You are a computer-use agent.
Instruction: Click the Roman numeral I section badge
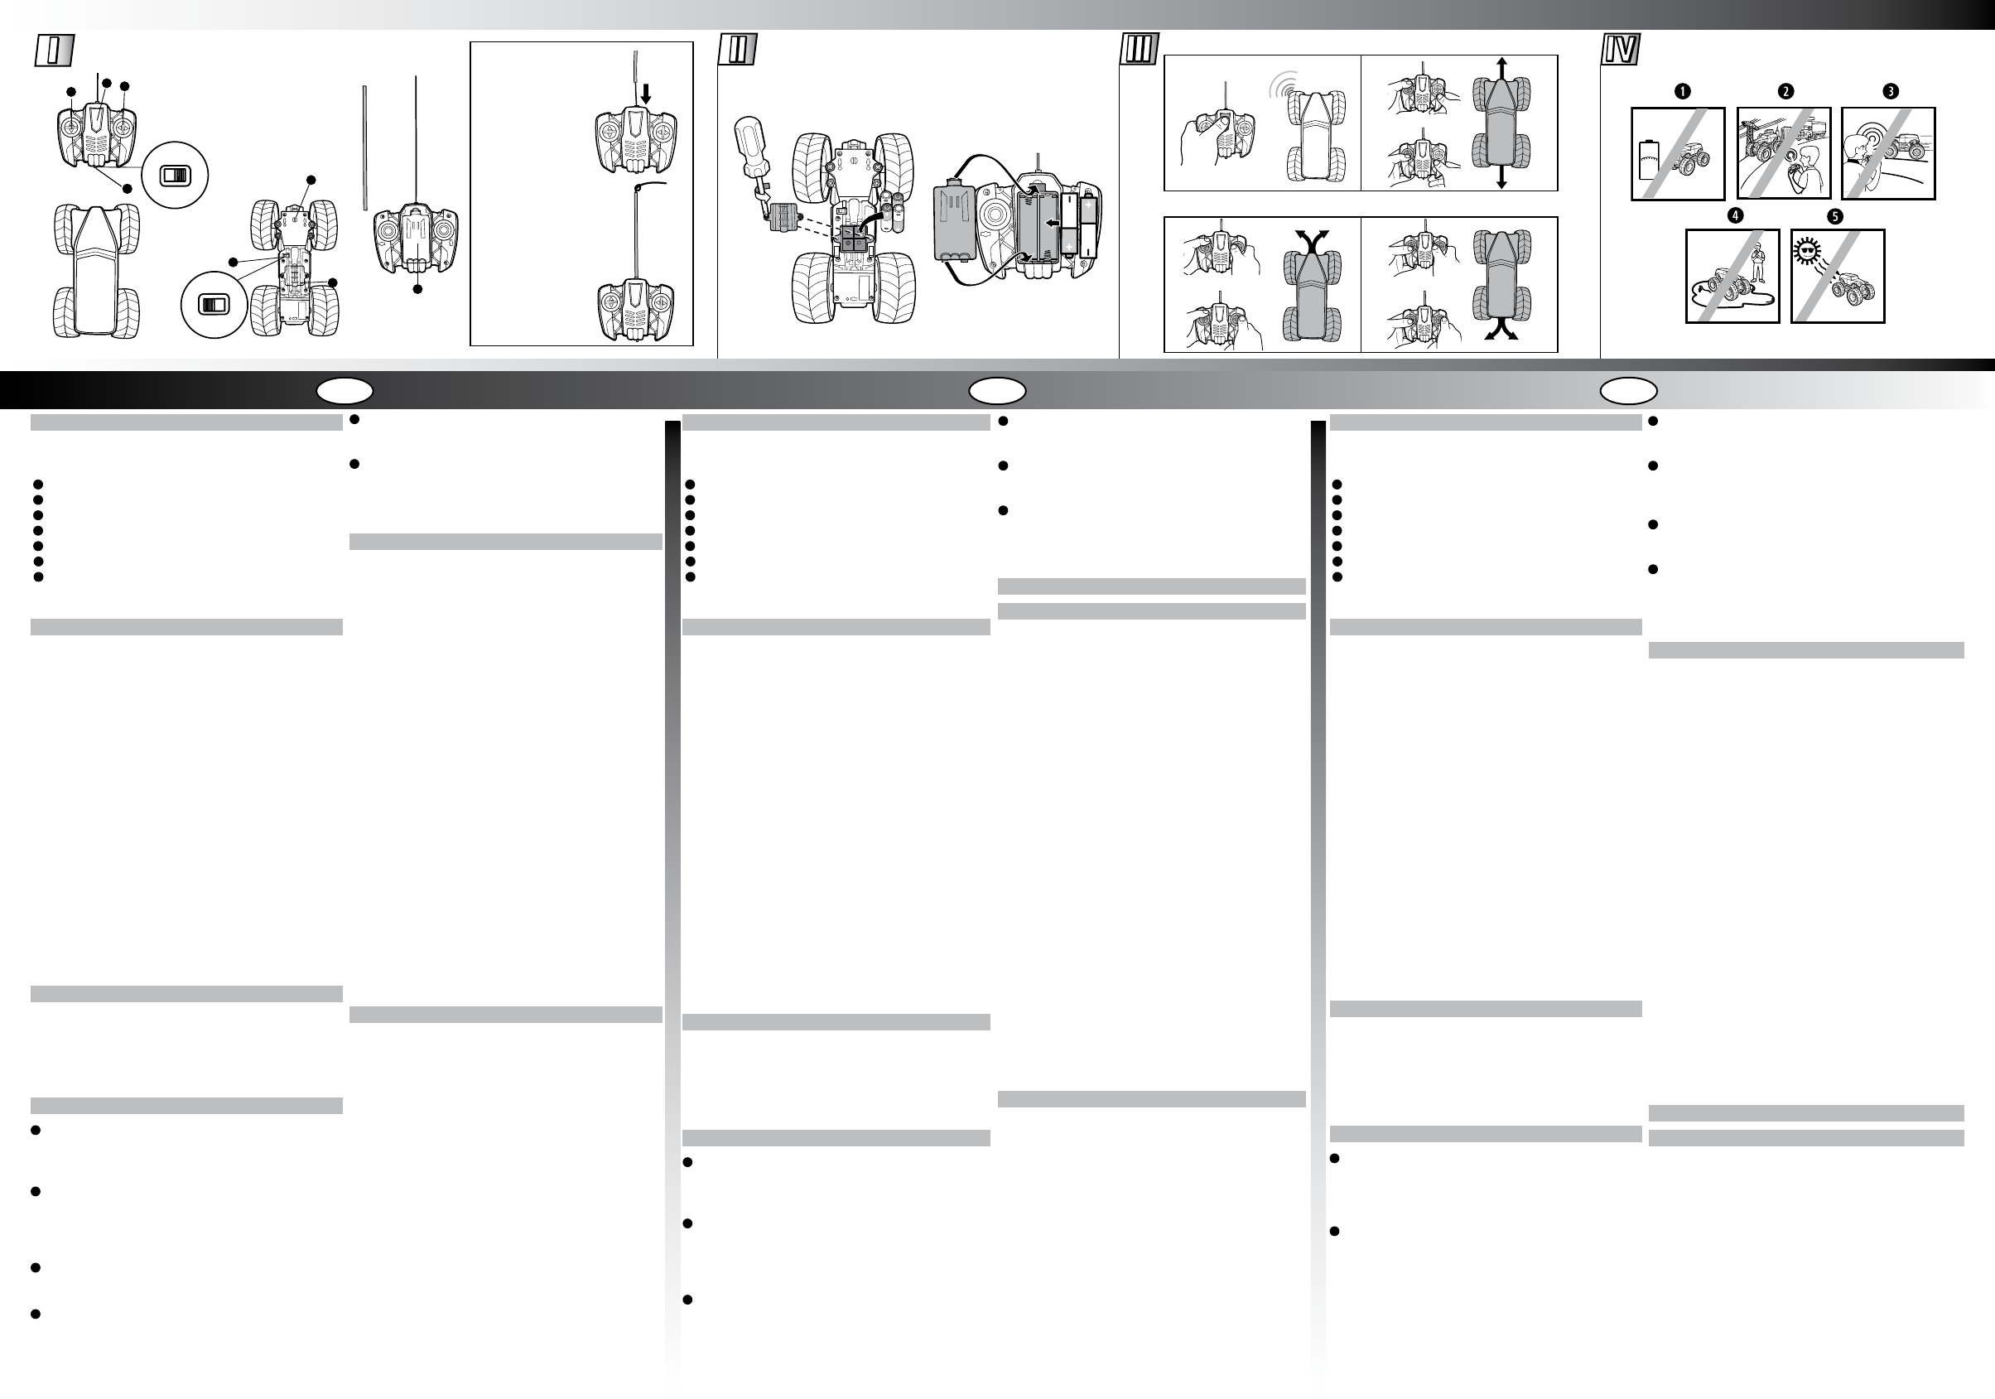click(x=54, y=51)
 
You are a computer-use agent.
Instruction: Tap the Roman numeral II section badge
click(x=738, y=51)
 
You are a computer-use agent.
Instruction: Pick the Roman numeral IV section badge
click(x=1621, y=50)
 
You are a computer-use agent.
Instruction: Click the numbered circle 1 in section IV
click(x=1682, y=91)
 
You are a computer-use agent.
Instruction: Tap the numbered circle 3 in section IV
click(x=1890, y=91)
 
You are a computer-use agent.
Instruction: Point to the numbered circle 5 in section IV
click(x=1835, y=216)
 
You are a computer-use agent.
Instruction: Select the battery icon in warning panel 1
click(x=1648, y=160)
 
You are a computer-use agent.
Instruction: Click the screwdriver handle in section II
click(x=748, y=142)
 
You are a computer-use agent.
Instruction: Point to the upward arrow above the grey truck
click(x=1501, y=69)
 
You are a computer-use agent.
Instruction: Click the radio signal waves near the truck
click(x=1284, y=85)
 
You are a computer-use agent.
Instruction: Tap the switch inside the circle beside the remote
click(x=175, y=176)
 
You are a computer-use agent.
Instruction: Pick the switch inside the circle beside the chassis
click(x=213, y=304)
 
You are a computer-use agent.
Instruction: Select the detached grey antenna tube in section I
click(x=366, y=147)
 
